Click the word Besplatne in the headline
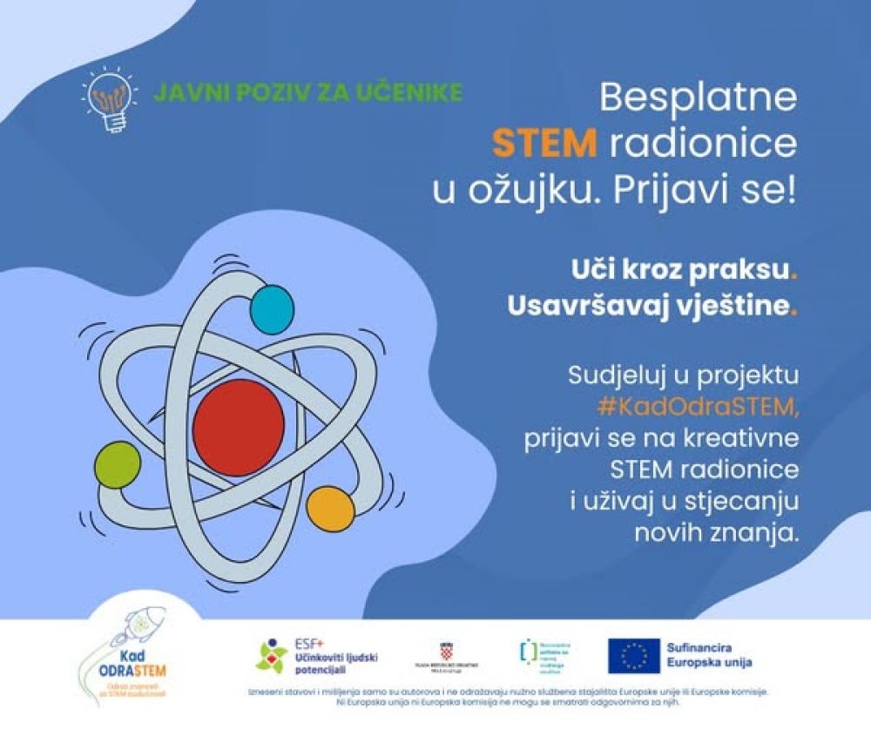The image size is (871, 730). click(x=698, y=97)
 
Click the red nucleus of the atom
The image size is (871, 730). click(x=239, y=427)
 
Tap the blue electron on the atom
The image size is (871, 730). click(x=273, y=306)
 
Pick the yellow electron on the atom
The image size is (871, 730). click(x=330, y=509)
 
